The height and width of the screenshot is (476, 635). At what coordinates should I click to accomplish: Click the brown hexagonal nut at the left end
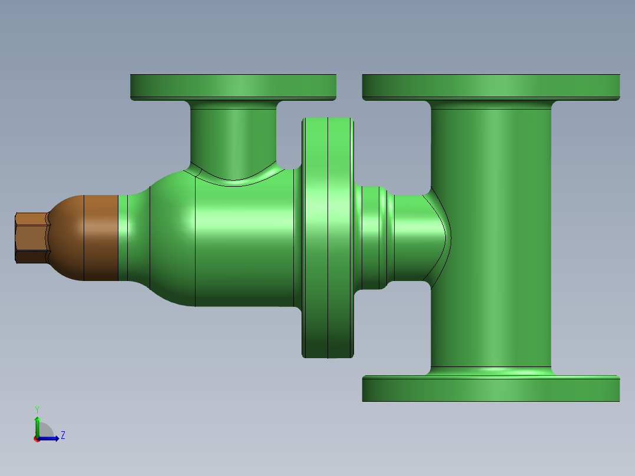tap(31, 237)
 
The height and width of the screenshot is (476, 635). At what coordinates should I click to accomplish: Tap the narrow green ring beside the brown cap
tap(123, 237)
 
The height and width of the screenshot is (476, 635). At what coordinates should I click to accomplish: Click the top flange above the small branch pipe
tap(233, 87)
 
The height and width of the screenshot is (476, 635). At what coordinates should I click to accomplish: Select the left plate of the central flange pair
tap(315, 237)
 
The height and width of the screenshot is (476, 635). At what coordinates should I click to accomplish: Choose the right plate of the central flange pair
tap(340, 237)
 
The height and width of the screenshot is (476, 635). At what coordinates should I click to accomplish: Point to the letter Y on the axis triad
tap(37, 409)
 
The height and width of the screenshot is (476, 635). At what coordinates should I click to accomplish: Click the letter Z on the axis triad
tap(62, 435)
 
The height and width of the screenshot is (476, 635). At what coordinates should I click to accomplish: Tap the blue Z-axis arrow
tap(51, 438)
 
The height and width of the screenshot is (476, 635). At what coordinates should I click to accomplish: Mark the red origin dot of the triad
tap(37, 439)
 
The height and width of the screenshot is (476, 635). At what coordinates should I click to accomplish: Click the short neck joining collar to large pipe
tap(409, 237)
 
